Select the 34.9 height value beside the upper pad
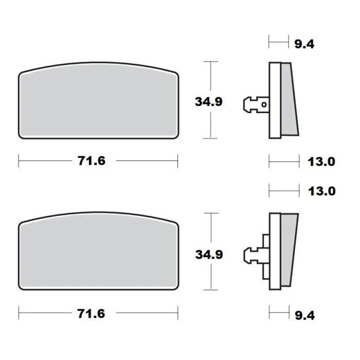[208, 101]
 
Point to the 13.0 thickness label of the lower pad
[322, 191]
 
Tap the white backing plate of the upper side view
[274, 100]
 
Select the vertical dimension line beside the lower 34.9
[209, 226]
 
